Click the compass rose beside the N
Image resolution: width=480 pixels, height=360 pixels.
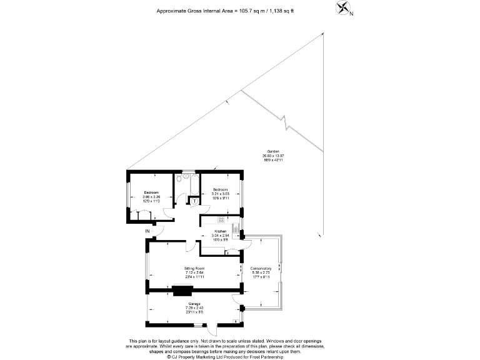[343, 8]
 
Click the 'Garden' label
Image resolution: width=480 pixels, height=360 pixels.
[272, 152]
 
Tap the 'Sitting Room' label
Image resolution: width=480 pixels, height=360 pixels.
[195, 268]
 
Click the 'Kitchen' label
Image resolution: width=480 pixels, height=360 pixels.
[220, 231]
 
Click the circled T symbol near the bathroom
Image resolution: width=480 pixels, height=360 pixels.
[194, 201]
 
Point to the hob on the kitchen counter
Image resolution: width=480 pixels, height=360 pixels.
[221, 219]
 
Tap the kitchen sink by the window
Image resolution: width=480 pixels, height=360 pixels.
[236, 229]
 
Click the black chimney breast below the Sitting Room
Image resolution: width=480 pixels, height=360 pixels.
[183, 289]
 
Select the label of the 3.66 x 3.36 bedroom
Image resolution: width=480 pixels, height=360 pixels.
[151, 192]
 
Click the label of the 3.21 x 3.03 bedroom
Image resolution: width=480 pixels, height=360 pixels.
[221, 189]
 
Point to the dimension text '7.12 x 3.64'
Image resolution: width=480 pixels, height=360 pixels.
[195, 272]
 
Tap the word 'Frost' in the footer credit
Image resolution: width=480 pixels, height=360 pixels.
[254, 357]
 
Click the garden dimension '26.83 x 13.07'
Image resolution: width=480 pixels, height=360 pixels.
[272, 156]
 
